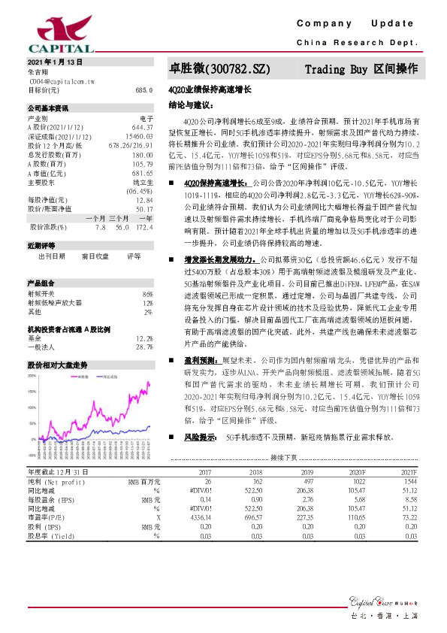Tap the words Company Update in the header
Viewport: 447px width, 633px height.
(x=360, y=24)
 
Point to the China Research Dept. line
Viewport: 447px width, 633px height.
(x=357, y=43)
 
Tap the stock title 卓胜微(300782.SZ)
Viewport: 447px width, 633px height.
(x=216, y=69)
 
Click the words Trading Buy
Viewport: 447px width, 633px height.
(x=335, y=69)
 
